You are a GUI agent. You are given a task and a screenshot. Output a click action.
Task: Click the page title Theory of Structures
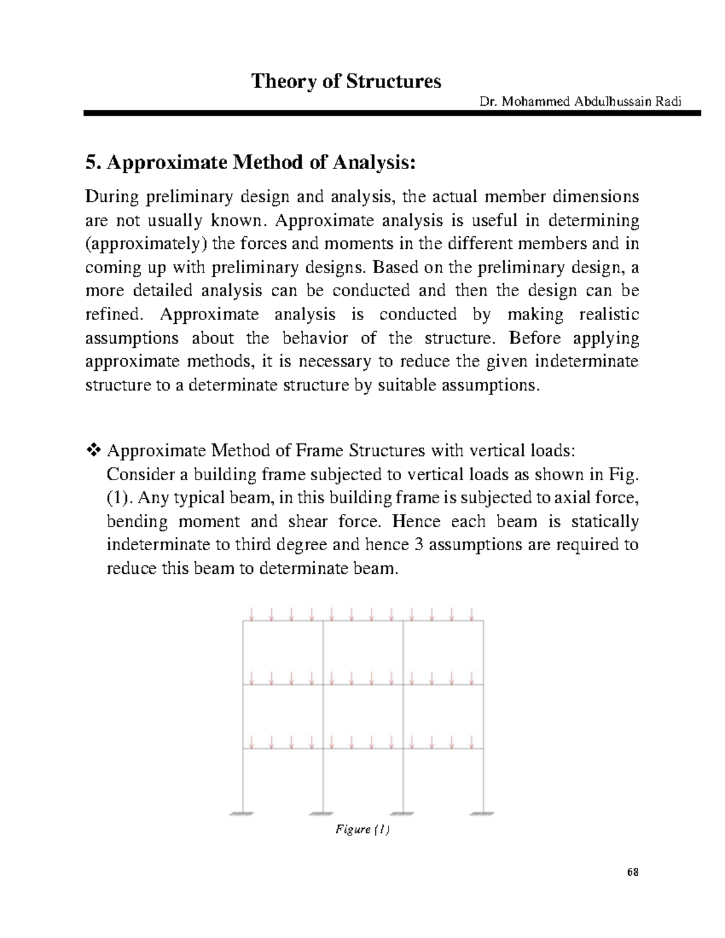346,82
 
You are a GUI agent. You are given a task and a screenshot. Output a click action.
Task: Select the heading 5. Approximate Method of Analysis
251,162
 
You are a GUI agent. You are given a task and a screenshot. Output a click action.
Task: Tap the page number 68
633,872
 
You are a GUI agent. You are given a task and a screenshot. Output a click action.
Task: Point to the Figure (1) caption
362,830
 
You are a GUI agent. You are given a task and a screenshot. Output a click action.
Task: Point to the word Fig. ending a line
623,474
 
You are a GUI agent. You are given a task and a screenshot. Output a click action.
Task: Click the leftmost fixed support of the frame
243,813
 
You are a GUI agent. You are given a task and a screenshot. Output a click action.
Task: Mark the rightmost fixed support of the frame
483,813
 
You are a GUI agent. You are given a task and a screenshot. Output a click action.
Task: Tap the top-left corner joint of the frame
243,621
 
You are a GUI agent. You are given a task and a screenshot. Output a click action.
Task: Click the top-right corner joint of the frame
483,621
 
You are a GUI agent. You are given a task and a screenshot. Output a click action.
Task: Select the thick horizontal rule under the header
391,113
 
